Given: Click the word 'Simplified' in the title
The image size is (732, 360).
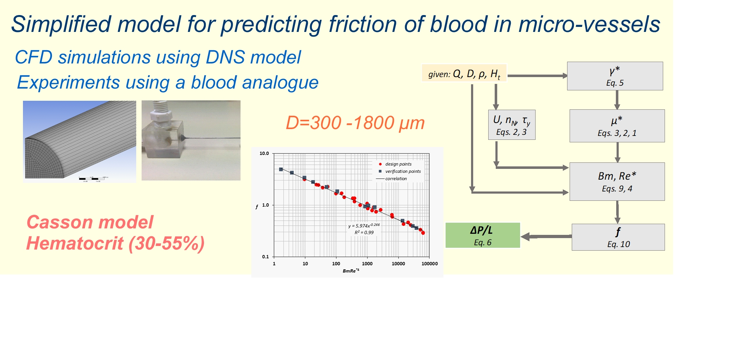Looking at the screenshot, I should click(x=61, y=24).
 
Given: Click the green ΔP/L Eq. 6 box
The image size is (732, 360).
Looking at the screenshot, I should click(x=483, y=235).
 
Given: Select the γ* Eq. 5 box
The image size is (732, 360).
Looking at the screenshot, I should click(x=615, y=76).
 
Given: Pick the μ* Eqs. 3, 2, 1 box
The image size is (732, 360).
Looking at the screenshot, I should click(x=617, y=126).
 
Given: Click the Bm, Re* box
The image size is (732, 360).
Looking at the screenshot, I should click(x=617, y=181).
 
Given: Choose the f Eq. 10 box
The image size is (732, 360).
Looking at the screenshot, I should click(x=618, y=237).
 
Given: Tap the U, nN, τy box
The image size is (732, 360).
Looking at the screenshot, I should click(x=512, y=125).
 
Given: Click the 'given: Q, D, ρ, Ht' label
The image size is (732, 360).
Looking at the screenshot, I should click(x=464, y=74).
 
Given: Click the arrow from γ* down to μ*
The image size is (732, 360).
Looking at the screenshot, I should click(x=617, y=100).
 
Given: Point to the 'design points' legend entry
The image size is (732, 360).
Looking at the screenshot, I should click(x=398, y=164).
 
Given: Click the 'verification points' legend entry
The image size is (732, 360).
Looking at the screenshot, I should click(x=403, y=171).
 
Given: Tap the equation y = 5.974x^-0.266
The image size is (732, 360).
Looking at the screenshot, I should click(x=363, y=226).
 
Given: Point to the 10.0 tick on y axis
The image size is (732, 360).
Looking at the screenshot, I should click(x=264, y=153).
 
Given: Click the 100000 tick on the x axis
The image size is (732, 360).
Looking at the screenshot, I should click(x=429, y=264).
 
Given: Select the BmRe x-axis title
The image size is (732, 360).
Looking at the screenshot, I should click(x=351, y=271).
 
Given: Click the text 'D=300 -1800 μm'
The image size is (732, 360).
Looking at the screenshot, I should click(x=355, y=123).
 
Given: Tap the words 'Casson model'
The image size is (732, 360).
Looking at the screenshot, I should click(x=90, y=222).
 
